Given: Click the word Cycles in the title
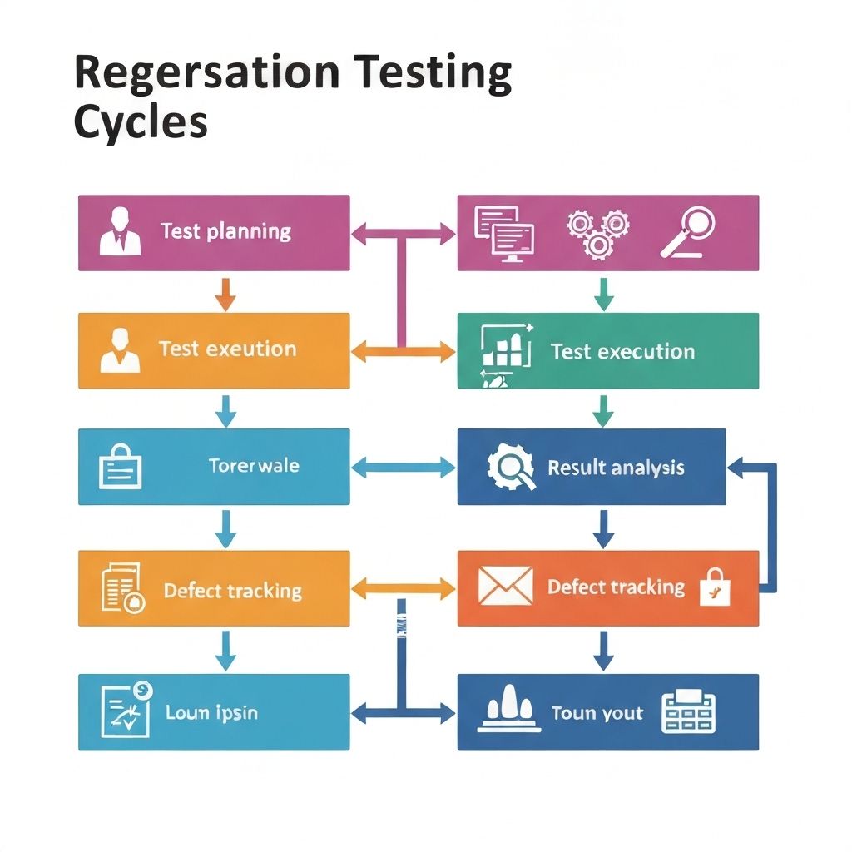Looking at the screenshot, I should pyautogui.click(x=140, y=121).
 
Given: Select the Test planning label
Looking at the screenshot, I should pyautogui.click(x=225, y=231).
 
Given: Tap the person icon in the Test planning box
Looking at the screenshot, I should pyautogui.click(x=120, y=232).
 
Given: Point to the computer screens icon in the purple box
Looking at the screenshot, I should pyautogui.click(x=503, y=233).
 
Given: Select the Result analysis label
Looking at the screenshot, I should pyautogui.click(x=616, y=468).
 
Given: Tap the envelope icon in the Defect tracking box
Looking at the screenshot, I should pyautogui.click(x=505, y=586).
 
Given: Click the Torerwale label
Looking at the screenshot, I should pyautogui.click(x=254, y=466).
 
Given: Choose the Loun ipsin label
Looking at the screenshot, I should pyautogui.click(x=211, y=712).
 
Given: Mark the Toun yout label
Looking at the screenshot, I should pyautogui.click(x=597, y=714).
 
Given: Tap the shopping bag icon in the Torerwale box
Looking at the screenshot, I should pyautogui.click(x=121, y=467).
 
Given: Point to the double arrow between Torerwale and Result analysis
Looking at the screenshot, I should pyautogui.click(x=404, y=468).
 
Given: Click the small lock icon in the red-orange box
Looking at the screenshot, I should pyautogui.click(x=715, y=587).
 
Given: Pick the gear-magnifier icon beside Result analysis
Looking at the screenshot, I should pyautogui.click(x=509, y=467).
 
